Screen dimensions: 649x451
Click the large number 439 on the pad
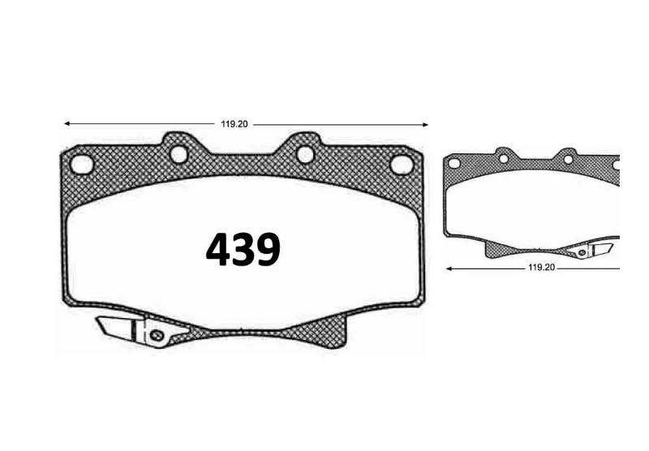point(243,249)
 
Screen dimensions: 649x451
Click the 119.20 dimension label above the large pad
point(234,124)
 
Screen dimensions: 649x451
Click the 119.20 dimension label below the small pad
point(541,268)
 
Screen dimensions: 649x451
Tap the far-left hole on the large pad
point(82,165)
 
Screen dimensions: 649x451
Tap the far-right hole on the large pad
point(401,165)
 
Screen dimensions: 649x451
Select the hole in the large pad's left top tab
point(178,154)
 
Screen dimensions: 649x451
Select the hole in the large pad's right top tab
point(306,154)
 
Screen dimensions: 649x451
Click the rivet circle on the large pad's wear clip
point(156,335)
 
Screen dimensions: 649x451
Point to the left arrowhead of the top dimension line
point(67,123)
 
